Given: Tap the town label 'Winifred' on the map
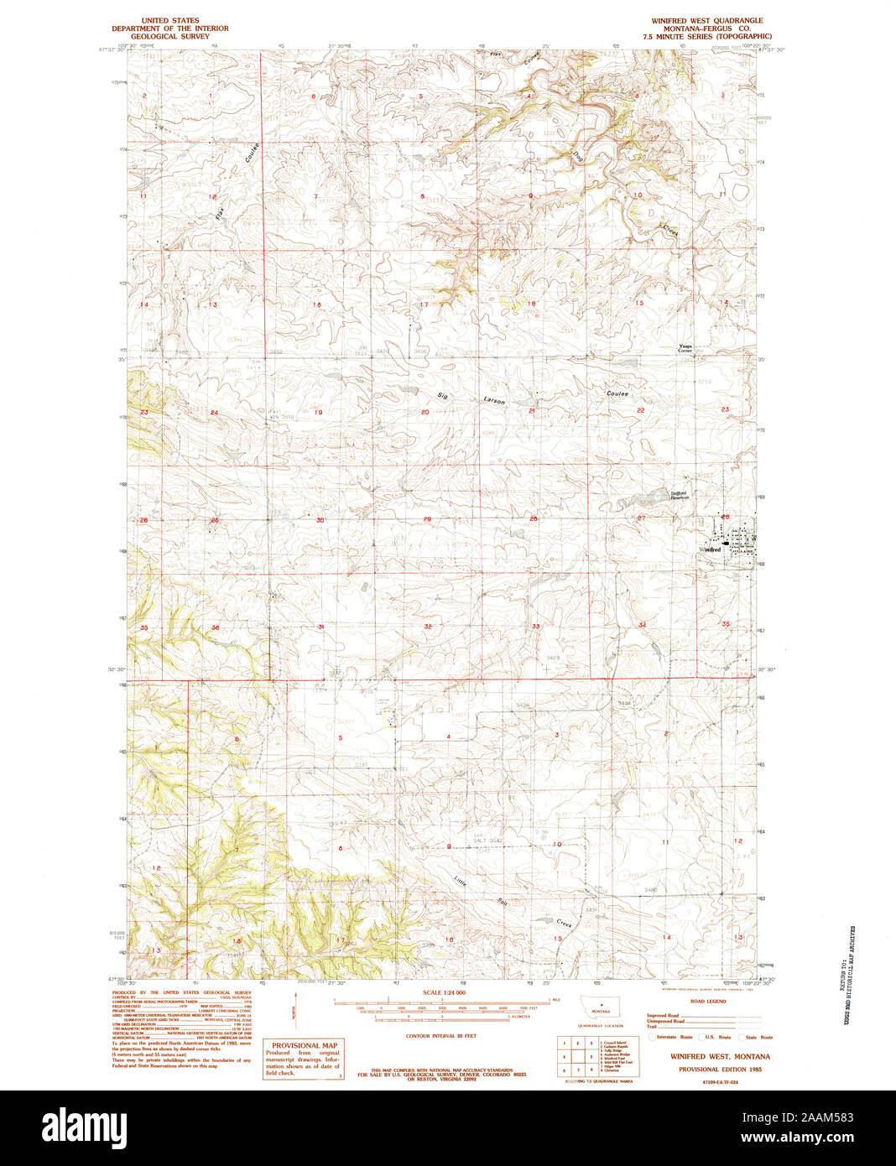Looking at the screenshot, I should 710,549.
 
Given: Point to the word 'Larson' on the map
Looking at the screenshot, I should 494,401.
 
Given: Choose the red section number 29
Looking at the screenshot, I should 427,520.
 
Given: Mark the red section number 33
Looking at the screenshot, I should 535,627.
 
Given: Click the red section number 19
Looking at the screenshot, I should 318,413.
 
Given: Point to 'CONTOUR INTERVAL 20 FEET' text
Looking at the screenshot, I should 440,1036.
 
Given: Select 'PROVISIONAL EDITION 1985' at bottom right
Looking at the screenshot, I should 720,1070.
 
